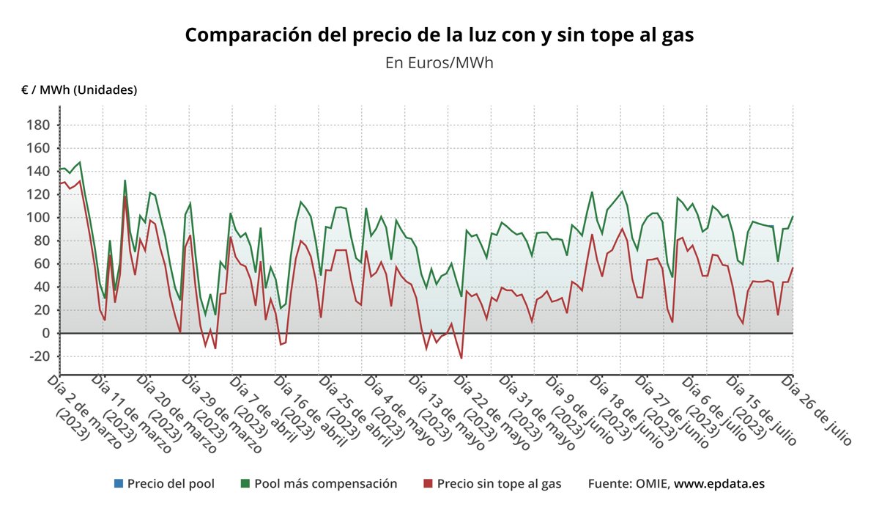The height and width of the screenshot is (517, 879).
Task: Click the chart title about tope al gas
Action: click(x=439, y=35)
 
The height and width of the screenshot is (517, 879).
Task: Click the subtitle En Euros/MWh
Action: click(x=439, y=63)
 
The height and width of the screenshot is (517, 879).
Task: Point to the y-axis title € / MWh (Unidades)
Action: click(x=79, y=90)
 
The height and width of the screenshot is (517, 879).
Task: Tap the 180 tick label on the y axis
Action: click(x=38, y=125)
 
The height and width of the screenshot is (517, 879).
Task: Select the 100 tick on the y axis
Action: click(x=38, y=218)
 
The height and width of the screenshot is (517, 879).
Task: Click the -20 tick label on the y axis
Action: click(x=37, y=356)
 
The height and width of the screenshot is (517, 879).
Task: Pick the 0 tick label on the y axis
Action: click(x=45, y=334)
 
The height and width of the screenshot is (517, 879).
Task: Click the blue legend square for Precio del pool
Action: click(x=119, y=484)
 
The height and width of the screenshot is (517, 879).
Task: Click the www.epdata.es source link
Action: click(x=719, y=484)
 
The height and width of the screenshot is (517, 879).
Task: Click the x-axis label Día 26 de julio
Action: click(x=817, y=409)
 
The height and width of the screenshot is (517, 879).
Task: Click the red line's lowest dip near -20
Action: click(x=461, y=358)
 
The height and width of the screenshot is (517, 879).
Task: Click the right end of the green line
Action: click(x=793, y=217)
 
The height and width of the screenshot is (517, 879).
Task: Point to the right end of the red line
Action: click(x=793, y=268)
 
